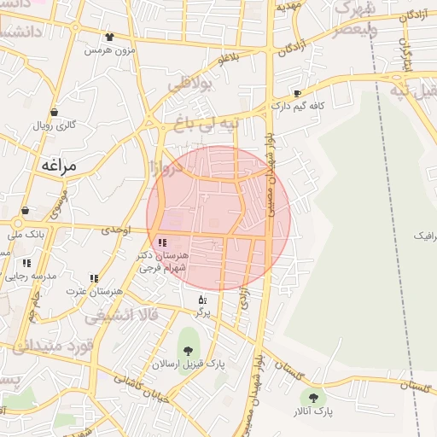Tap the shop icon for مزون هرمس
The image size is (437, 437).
coord(109,37)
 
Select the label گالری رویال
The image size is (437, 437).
coord(54,125)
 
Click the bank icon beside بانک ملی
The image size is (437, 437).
coord(25,210)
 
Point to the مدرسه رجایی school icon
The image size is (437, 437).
coord(26,263)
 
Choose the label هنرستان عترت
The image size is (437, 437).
coord(94,291)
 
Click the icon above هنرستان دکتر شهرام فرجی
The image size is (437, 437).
coord(162,243)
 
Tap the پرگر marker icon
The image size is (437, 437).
coord(202,300)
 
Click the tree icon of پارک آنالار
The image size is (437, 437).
coord(313,398)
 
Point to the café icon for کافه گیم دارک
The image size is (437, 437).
coord(297,93)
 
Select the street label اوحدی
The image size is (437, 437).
coord(114,230)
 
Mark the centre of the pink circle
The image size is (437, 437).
coord(218,218)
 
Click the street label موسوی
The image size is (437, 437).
coord(59,201)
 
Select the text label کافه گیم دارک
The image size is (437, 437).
coord(300,107)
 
